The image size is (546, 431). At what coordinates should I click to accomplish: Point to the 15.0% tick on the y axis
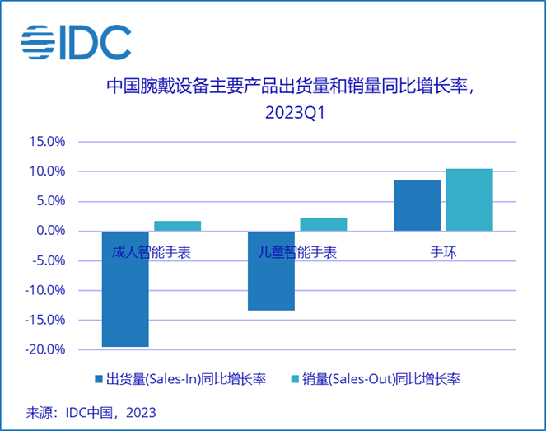pos(47,142)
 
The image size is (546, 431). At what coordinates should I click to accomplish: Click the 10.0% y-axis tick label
pos(47,171)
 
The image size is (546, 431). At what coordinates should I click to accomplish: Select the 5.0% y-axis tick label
pos(50,201)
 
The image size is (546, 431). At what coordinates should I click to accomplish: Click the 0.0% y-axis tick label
pos(50,231)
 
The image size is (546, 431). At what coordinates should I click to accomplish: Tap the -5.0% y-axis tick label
pos(49,260)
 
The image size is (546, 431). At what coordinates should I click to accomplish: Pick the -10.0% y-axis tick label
pos(45,290)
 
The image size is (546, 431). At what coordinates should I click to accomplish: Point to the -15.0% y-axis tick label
pos(45,320)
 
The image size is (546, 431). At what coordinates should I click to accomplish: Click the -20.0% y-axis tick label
pos(45,349)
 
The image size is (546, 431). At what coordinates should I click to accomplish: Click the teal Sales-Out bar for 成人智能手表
pos(177,226)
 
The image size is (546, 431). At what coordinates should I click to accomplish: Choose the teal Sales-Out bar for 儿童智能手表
pos(323,224)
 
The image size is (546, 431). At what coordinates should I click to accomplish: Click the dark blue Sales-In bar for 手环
pos(417,206)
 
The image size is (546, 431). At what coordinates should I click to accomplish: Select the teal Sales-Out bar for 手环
pos(469,200)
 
